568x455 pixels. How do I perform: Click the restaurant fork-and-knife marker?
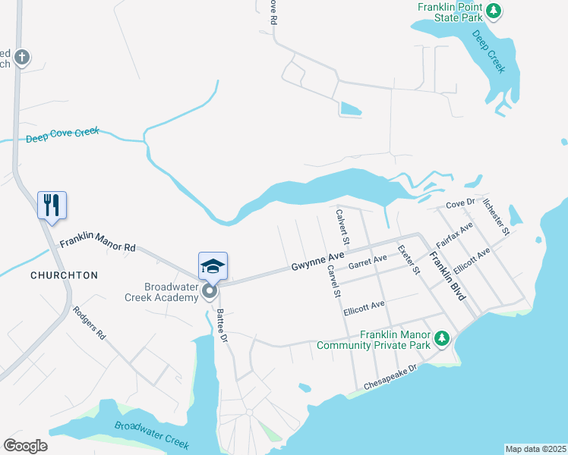pos(52,205)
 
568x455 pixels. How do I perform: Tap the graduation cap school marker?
pos(213,266)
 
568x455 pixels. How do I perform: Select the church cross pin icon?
pos(23,57)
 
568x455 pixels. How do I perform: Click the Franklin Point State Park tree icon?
pos(494,11)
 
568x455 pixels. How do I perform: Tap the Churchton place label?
pos(64,275)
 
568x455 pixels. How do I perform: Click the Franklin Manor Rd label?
pos(97,242)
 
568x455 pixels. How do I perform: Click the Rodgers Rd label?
pos(90,322)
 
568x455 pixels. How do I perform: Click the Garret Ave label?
pos(368,262)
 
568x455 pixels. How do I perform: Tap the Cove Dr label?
pos(460,203)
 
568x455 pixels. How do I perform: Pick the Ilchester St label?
pos(496,215)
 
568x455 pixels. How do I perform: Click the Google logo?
pos(25,446)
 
